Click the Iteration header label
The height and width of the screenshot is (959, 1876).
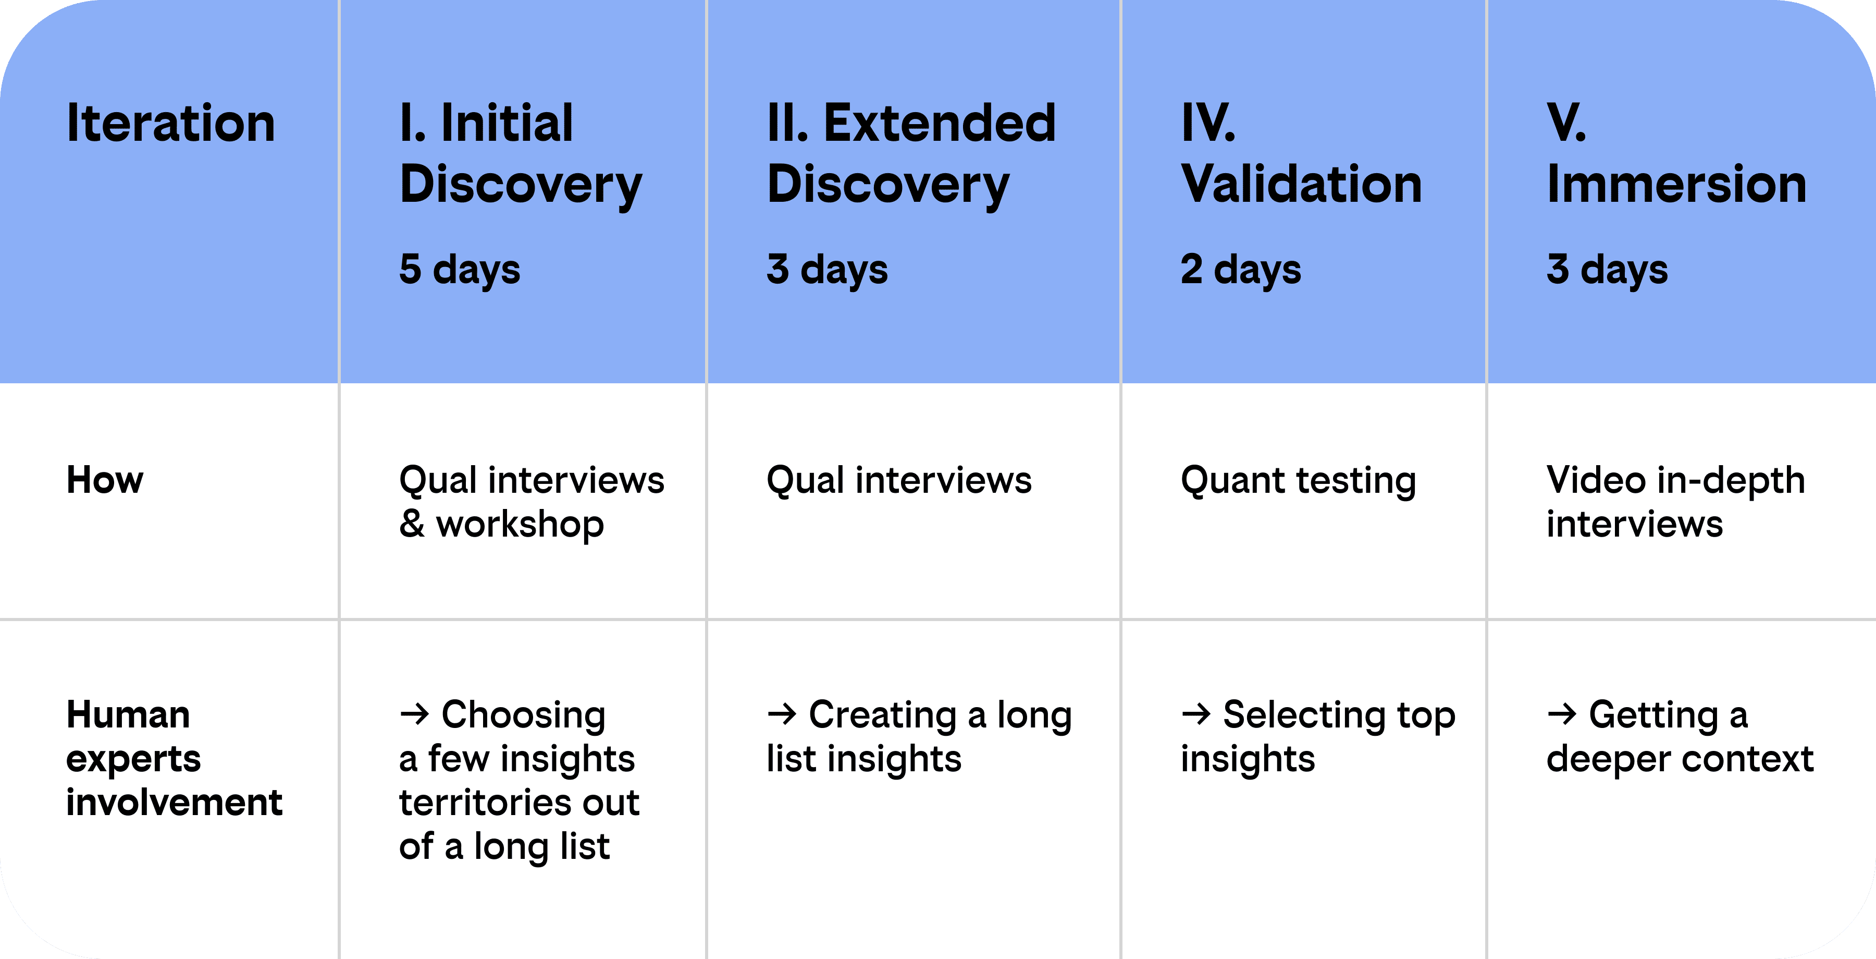click(171, 123)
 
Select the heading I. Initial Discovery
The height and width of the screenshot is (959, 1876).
click(521, 154)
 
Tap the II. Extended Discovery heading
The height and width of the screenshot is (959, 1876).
click(911, 154)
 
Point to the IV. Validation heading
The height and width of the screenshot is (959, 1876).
click(1301, 154)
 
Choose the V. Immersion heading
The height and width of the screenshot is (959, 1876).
click(1676, 154)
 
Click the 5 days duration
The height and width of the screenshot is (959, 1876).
click(460, 270)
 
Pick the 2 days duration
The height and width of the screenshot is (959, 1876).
click(1241, 270)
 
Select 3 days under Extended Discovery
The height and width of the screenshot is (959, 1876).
click(828, 270)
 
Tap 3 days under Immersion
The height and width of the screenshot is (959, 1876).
click(1607, 270)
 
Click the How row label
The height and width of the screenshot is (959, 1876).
click(105, 480)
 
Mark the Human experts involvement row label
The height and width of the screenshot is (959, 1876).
click(174, 758)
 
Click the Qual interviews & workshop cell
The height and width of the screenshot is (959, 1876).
click(532, 502)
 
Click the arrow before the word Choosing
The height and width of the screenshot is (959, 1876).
click(414, 713)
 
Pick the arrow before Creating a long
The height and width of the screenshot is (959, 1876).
click(782, 713)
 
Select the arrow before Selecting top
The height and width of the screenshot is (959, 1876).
click(1196, 713)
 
